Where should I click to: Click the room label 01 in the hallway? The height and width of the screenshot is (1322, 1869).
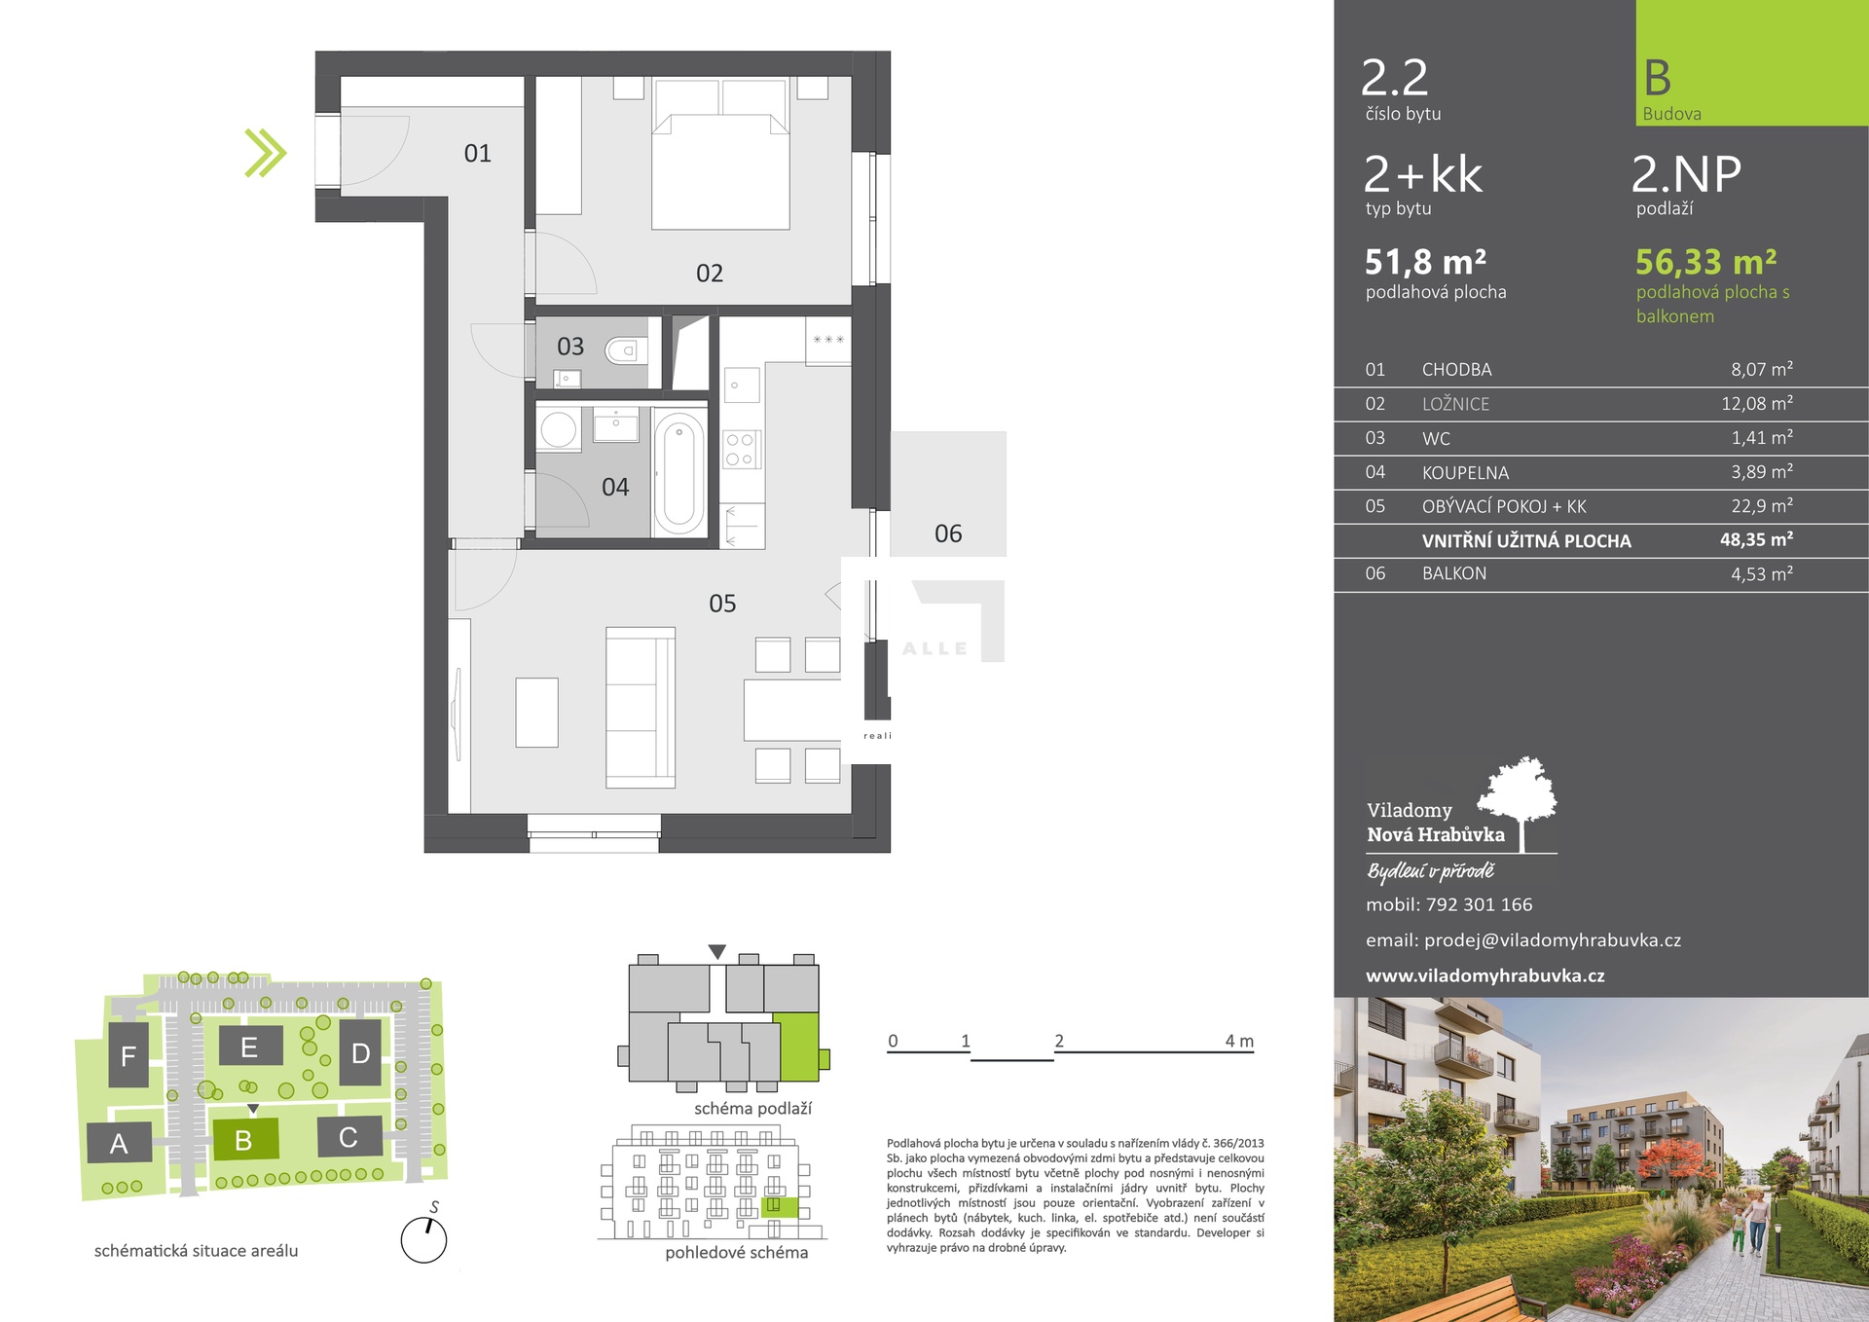pyautogui.click(x=478, y=153)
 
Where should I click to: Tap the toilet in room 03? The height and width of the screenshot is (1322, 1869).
pyautogui.click(x=624, y=349)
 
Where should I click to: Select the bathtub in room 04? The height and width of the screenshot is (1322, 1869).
pyautogui.click(x=679, y=472)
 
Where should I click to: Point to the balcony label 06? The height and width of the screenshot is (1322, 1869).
pyautogui.click(x=948, y=533)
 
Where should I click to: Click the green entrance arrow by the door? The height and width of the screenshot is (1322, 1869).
pyautogui.click(x=266, y=153)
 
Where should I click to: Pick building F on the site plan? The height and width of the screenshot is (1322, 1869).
pyautogui.click(x=128, y=1055)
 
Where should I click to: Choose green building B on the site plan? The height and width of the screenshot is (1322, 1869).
pyautogui.click(x=244, y=1139)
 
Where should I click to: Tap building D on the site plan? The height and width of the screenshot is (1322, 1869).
pyautogui.click(x=360, y=1052)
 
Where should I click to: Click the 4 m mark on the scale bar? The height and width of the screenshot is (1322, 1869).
pyautogui.click(x=1239, y=1041)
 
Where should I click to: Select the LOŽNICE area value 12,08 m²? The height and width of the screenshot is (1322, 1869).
pyautogui.click(x=1757, y=403)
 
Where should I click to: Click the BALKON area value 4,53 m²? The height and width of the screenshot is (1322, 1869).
pyautogui.click(x=1762, y=573)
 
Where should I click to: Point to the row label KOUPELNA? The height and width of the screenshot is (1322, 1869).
pyautogui.click(x=1465, y=473)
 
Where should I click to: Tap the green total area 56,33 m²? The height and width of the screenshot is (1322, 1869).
pyautogui.click(x=1706, y=262)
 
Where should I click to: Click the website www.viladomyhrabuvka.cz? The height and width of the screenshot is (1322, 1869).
pyautogui.click(x=1485, y=975)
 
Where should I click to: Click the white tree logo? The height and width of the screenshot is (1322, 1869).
pyautogui.click(x=1519, y=802)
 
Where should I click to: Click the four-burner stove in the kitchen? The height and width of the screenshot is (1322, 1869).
pyautogui.click(x=741, y=450)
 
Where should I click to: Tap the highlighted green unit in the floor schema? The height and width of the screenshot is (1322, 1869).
pyautogui.click(x=798, y=1047)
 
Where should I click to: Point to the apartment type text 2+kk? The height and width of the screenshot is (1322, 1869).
pyautogui.click(x=1423, y=174)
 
